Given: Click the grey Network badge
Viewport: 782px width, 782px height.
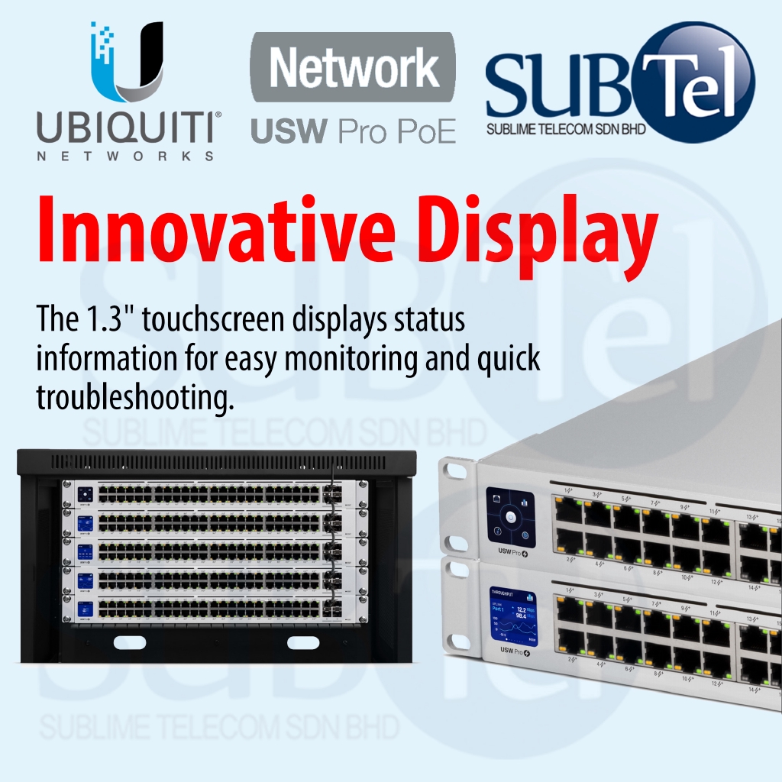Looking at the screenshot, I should click(x=353, y=68).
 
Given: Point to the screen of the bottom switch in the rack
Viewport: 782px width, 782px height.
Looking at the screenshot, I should click(x=85, y=609).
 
